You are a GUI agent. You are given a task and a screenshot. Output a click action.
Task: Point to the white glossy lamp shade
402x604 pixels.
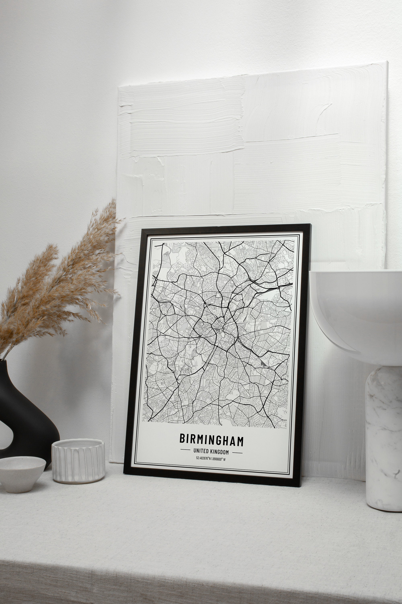(x=356, y=308)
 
